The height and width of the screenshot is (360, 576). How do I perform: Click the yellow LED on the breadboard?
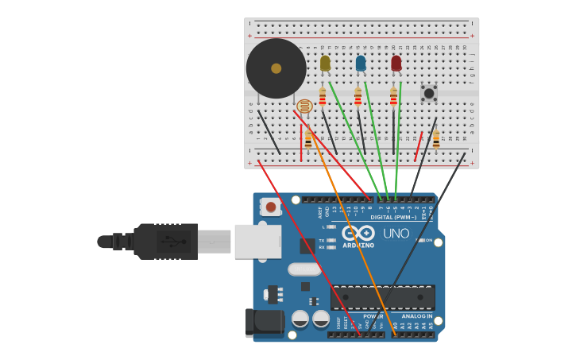click(325, 63)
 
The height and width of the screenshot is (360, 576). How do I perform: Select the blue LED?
click(361, 63)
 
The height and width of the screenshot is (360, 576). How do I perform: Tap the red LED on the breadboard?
click(396, 63)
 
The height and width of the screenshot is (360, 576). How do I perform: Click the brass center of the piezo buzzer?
click(276, 68)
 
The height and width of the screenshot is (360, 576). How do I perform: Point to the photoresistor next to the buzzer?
click(304, 106)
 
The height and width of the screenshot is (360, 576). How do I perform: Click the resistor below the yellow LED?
click(322, 97)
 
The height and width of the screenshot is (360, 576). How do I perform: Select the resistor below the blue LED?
click(358, 97)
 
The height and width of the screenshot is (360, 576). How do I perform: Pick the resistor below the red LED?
click(393, 97)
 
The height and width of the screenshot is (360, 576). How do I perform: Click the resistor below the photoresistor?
click(308, 140)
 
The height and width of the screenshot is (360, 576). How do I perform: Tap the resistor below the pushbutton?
click(436, 140)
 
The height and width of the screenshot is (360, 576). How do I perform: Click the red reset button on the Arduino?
click(271, 207)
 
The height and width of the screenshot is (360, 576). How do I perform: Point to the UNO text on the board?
click(396, 234)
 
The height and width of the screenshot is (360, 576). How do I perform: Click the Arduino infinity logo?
click(358, 233)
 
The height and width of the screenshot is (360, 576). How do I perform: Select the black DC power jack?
click(264, 323)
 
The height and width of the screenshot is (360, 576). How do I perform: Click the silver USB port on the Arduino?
click(257, 241)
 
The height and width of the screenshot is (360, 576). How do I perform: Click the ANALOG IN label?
click(416, 316)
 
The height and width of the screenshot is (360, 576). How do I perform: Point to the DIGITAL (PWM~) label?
click(392, 217)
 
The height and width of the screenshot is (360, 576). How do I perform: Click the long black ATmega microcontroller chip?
click(382, 297)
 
